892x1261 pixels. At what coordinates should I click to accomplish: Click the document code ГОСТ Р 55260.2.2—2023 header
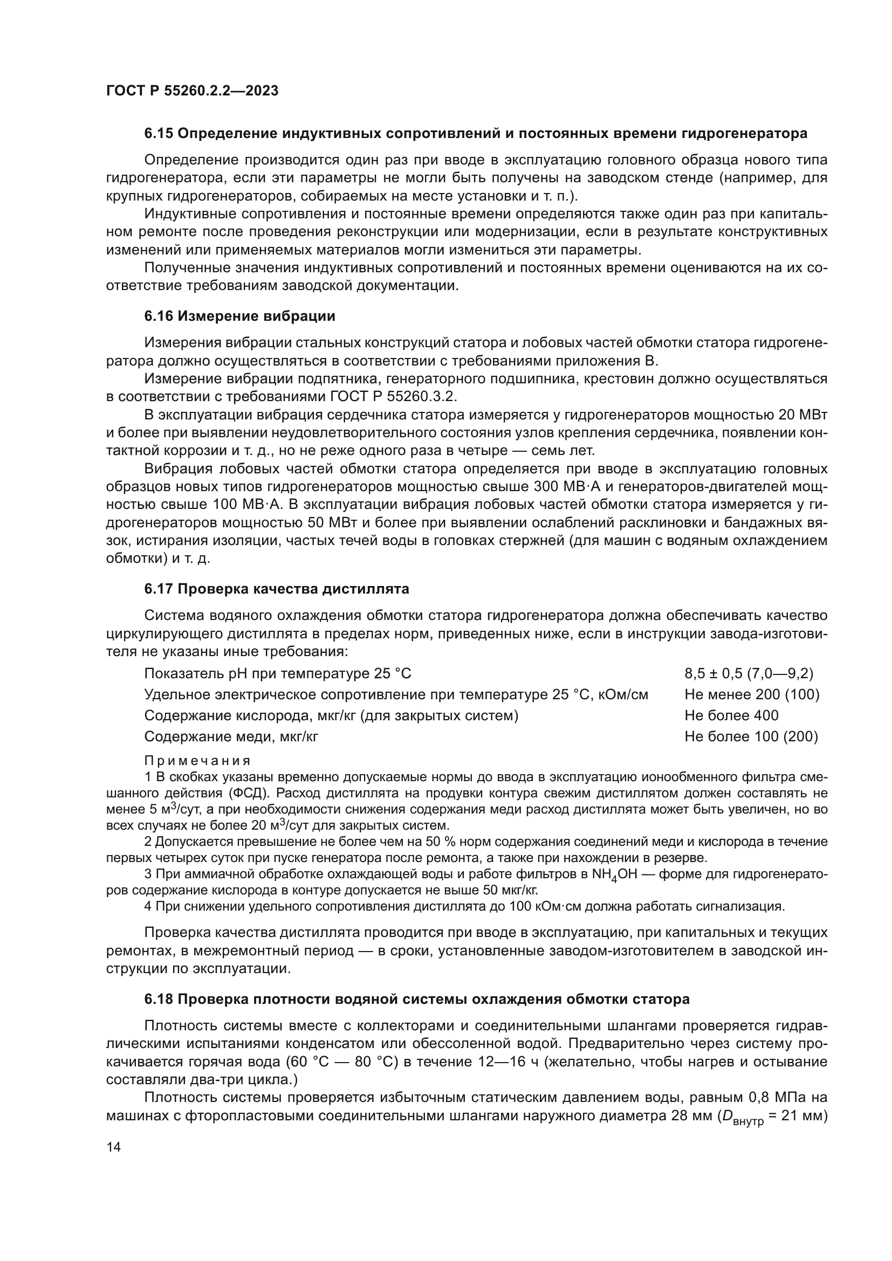pos(192,91)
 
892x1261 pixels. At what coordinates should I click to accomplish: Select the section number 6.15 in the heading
pos(159,134)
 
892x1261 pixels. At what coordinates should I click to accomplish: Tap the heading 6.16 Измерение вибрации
pos(239,316)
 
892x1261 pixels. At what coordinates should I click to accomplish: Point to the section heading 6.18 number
pos(159,999)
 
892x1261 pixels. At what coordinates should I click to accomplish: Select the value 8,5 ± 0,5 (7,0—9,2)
pos(749,673)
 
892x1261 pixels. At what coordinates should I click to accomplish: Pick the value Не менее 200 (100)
pos(751,694)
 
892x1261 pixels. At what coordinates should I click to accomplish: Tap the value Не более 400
pos(731,715)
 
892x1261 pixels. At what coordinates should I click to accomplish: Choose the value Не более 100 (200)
pos(751,736)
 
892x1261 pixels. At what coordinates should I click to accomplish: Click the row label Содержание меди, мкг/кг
pos(231,736)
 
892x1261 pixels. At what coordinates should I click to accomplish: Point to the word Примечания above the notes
pos(197,761)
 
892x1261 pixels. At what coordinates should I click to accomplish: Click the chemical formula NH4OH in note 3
pos(616,874)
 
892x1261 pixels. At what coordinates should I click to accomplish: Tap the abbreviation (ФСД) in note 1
pos(248,793)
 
